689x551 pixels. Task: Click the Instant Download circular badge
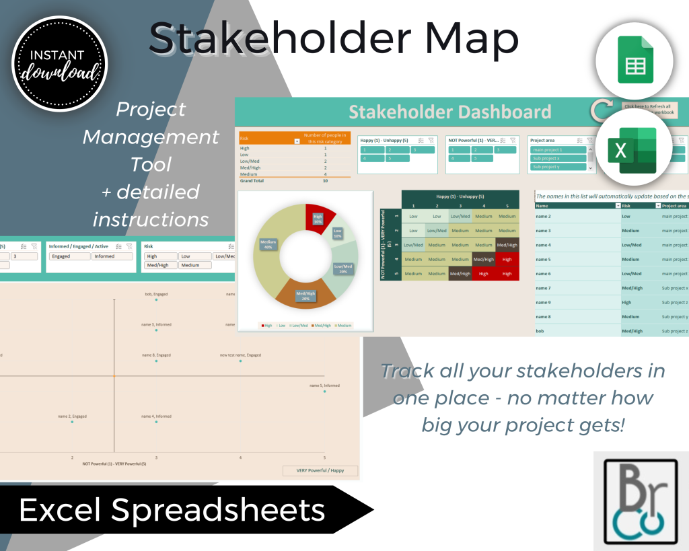59,63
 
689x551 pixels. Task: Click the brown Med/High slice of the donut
305,295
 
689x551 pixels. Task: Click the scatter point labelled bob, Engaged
156,301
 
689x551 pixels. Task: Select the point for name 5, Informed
324,392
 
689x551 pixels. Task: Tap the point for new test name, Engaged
240,361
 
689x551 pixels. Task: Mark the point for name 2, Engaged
72,422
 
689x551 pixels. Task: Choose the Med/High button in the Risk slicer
160,265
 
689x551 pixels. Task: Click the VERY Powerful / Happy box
320,471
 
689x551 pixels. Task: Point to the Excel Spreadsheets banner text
172,510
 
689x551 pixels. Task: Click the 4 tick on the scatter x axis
240,457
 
